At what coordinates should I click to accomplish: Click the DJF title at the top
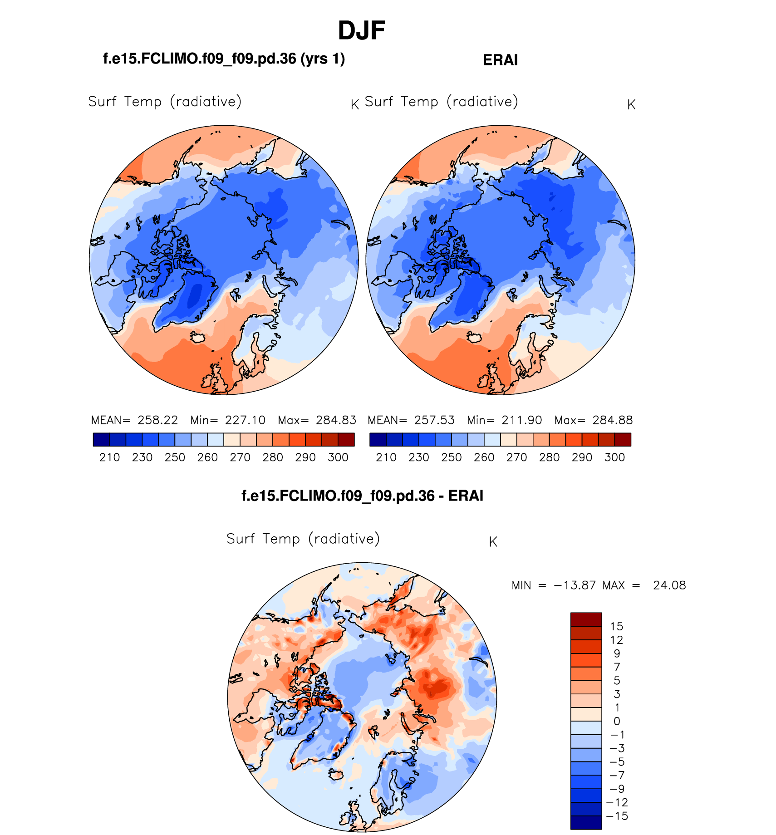click(x=361, y=31)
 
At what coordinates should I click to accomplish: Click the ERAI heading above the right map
click(x=500, y=60)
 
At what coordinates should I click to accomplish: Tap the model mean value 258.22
click(x=157, y=420)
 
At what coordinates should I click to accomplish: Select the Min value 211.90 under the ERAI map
click(x=521, y=420)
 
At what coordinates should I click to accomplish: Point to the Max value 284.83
click(x=336, y=420)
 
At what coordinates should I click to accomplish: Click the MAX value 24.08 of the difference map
click(x=669, y=585)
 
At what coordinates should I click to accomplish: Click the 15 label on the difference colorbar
click(x=617, y=627)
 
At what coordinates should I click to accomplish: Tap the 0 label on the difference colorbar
click(x=617, y=721)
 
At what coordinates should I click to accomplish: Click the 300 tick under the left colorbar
click(x=338, y=457)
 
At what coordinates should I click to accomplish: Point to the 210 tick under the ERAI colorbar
click(x=386, y=457)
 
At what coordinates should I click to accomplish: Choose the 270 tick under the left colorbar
click(x=240, y=457)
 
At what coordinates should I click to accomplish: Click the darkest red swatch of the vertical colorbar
click(x=586, y=619)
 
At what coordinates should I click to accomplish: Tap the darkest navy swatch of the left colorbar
click(x=101, y=440)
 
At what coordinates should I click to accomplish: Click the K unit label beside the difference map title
click(x=493, y=542)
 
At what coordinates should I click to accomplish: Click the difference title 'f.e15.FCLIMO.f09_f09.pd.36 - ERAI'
click(x=362, y=496)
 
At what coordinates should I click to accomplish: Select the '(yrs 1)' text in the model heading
click(x=323, y=59)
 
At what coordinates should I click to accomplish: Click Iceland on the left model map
click(x=198, y=337)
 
